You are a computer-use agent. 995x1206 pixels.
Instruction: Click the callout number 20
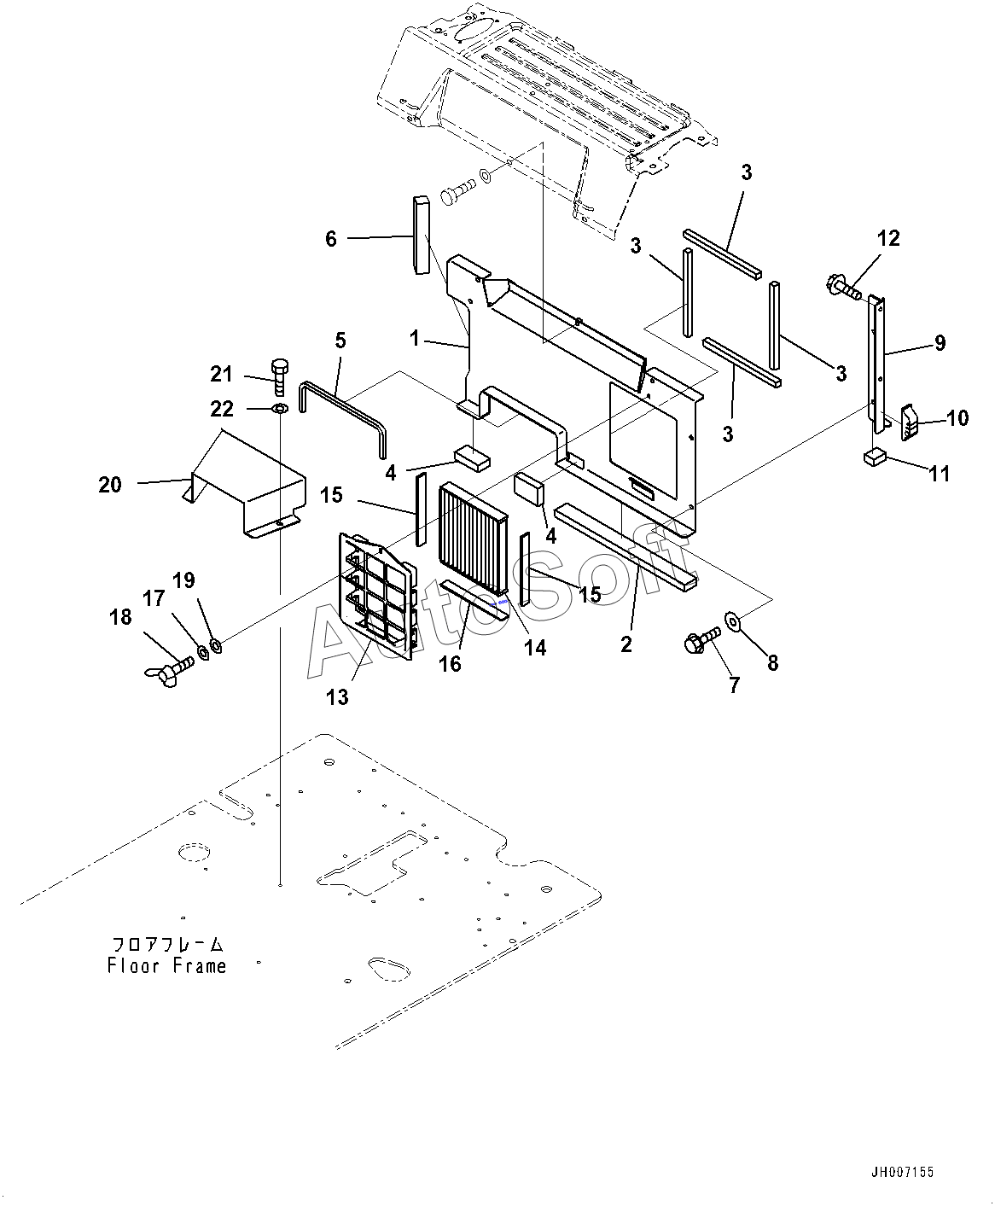tap(110, 485)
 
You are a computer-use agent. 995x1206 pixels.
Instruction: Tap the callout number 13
tap(337, 697)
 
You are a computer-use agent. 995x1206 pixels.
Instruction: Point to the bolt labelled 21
tap(280, 376)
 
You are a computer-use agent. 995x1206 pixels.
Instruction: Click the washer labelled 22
tap(280, 409)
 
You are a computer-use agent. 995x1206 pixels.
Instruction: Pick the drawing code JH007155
tap(902, 1172)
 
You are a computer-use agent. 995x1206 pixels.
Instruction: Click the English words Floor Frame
tap(167, 965)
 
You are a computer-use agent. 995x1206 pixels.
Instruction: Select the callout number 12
tap(888, 238)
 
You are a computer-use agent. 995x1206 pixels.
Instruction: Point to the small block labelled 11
tap(875, 458)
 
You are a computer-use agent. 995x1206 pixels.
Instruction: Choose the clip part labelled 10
tap(909, 422)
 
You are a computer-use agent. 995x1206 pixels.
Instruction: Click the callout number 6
tap(331, 238)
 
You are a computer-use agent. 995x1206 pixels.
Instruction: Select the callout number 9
tap(940, 343)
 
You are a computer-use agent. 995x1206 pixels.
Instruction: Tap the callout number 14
tap(535, 648)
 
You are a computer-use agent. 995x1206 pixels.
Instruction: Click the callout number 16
tap(450, 664)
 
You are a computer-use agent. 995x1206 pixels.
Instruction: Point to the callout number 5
tap(340, 341)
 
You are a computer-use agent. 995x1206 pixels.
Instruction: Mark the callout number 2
tap(626, 644)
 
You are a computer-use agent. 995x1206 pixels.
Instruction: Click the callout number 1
tap(414, 339)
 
